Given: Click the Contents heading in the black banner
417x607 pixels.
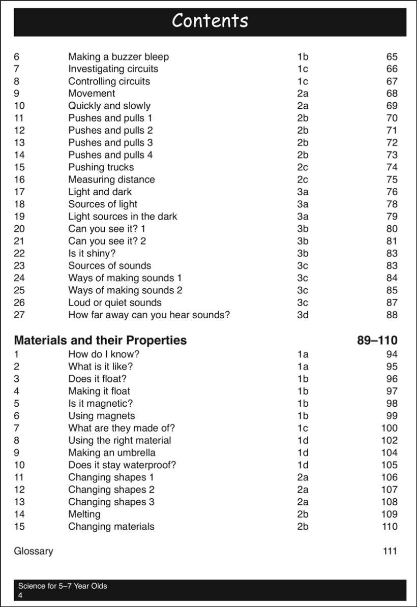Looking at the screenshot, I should pos(210,21).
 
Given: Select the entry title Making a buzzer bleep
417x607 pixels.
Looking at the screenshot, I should pos(118,56).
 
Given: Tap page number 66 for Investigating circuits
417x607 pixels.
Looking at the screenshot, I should pos(392,69).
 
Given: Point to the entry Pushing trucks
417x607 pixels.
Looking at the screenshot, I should pos(101,167).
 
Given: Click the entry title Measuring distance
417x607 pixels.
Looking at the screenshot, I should pos(111,179).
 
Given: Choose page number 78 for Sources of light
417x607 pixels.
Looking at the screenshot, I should pos(392,204).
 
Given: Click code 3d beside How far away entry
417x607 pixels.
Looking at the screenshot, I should pos(303,314).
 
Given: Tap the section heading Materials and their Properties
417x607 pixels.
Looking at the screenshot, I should pos(100,340).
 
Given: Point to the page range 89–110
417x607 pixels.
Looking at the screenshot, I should pos(377,340).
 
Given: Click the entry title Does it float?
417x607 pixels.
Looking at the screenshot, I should pos(97,378).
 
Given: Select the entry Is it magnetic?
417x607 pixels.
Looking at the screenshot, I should pos(100,403).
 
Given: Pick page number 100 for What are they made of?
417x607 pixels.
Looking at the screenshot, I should pos(389,428).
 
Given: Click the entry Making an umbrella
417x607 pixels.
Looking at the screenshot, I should pos(112,452).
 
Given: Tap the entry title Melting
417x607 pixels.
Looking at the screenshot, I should pos(84,513).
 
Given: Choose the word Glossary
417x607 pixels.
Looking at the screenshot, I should pos(33,551).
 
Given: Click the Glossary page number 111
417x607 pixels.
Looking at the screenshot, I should pos(390,551).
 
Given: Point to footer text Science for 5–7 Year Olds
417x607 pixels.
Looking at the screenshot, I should pos(63,586).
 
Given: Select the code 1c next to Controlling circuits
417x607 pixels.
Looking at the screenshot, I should pos(303,81).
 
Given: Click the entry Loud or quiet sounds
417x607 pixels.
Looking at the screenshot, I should pos(114,302).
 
